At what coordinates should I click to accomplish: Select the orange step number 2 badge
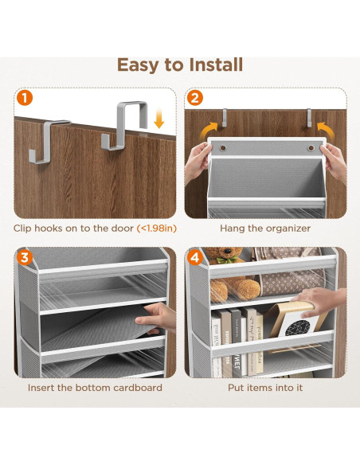(x=195, y=99)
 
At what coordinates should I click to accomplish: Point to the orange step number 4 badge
(x=195, y=257)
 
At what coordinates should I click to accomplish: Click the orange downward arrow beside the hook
(x=159, y=120)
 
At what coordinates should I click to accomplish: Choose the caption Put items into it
(x=266, y=388)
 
